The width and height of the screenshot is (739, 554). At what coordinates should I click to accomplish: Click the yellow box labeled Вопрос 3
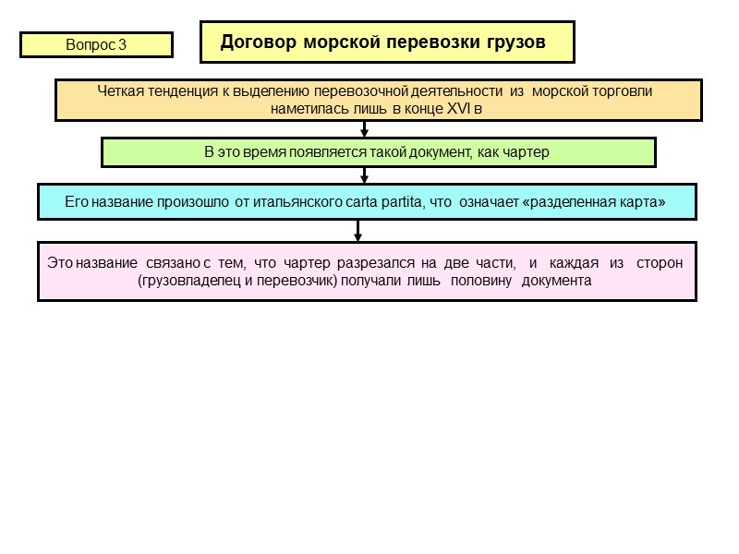[x=96, y=44]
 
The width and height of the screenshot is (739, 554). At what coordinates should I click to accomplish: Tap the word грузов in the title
[x=513, y=42]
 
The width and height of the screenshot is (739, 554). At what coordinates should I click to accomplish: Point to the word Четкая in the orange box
[x=118, y=91]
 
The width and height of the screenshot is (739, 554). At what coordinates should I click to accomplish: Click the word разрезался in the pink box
[x=366, y=263]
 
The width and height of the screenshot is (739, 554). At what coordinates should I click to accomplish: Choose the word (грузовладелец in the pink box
[x=184, y=280]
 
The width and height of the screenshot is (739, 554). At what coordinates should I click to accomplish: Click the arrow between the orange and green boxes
[x=364, y=129]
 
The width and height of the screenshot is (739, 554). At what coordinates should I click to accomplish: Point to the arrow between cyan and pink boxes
[x=357, y=231]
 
